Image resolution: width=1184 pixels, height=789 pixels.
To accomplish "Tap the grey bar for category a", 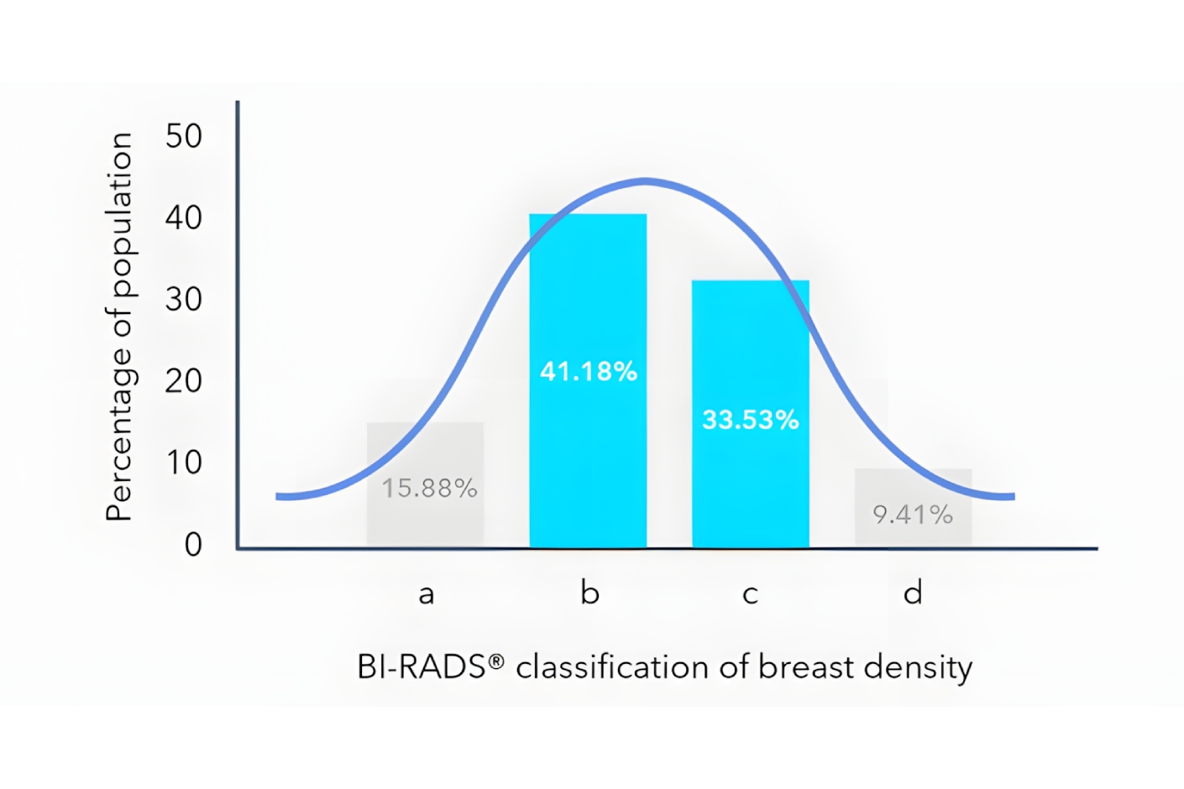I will point(425,520).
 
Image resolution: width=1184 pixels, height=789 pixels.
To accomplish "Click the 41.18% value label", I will point(588,371).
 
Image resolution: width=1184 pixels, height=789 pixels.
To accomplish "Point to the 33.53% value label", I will point(750,420).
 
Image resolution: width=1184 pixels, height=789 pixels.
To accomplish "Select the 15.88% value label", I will point(429,488).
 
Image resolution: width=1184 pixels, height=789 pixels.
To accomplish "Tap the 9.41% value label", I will point(913,514).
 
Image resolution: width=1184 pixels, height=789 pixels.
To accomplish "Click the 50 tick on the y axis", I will point(184,136).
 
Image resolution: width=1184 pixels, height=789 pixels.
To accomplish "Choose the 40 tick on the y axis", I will point(184,218).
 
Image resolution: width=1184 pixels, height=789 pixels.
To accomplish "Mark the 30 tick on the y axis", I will point(184,300).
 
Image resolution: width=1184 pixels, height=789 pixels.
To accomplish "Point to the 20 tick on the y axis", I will point(184,381).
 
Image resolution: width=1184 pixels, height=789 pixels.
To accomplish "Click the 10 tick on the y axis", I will point(184,462).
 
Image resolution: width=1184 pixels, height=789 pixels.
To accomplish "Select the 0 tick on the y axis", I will point(193,545).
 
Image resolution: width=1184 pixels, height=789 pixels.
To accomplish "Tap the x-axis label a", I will point(427,594).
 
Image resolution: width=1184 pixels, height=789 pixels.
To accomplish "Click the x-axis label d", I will point(913,593).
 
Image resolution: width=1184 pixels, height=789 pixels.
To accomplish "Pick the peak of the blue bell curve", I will point(645,180).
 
